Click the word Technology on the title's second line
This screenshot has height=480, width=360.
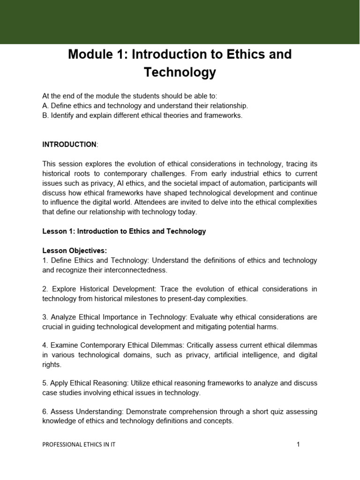(x=180, y=72)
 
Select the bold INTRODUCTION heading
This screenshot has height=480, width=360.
(x=69, y=144)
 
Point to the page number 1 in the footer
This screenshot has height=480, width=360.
(x=298, y=445)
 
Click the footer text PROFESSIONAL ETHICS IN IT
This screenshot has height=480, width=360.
(x=79, y=445)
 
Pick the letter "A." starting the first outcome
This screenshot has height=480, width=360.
(x=45, y=105)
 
